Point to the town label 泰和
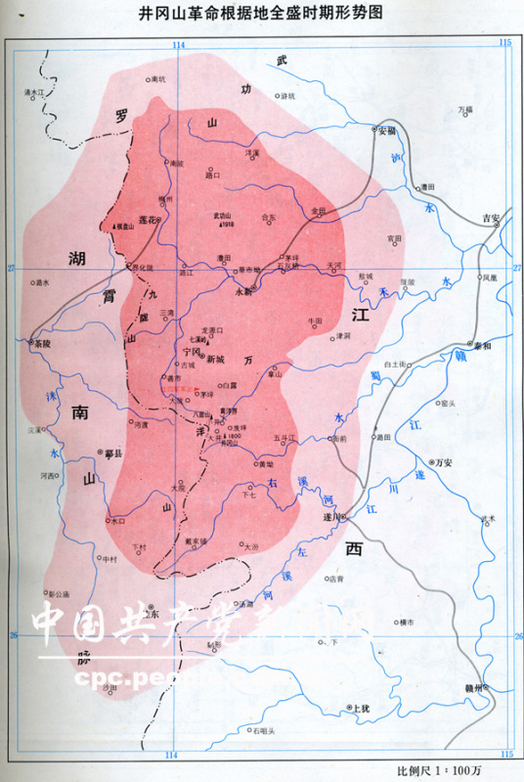pyautogui.click(x=481, y=345)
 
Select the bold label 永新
pyautogui.click(x=244, y=291)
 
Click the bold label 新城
pyautogui.click(x=215, y=360)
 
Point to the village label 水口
pyautogui.click(x=118, y=522)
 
